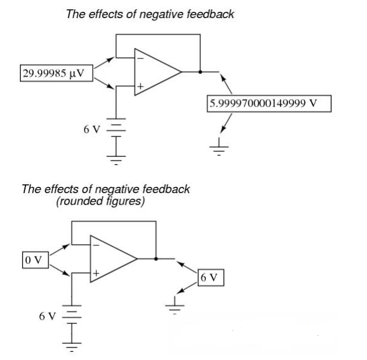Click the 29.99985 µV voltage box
click(57, 73)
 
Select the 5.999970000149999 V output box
click(269, 103)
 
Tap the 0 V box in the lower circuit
click(35, 260)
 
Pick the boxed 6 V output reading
click(211, 278)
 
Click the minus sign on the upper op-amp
click(140, 58)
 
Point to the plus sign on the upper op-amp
click(141, 87)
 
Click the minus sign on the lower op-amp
click(96, 245)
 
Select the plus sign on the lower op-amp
click(96, 273)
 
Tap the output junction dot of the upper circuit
click(200, 72)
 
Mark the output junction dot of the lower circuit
click(156, 258)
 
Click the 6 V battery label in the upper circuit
click(92, 129)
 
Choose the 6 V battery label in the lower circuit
click(47, 316)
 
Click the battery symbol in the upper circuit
click(116, 128)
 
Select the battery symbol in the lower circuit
click(72, 315)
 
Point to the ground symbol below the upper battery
click(116, 160)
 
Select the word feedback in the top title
click(211, 14)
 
